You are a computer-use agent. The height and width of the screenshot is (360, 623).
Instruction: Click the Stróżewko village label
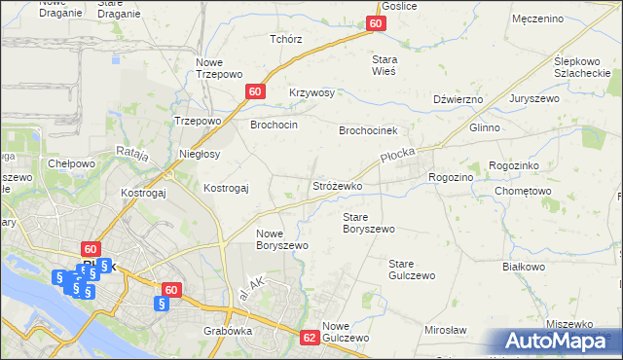(337, 185)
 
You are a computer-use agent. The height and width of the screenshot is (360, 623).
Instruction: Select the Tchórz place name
(285, 40)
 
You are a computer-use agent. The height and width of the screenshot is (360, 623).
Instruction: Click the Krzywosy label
(311, 93)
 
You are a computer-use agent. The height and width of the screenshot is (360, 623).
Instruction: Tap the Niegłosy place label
(200, 154)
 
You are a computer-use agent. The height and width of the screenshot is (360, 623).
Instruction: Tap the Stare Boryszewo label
(369, 223)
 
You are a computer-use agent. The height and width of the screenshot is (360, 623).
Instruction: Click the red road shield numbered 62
(310, 338)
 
